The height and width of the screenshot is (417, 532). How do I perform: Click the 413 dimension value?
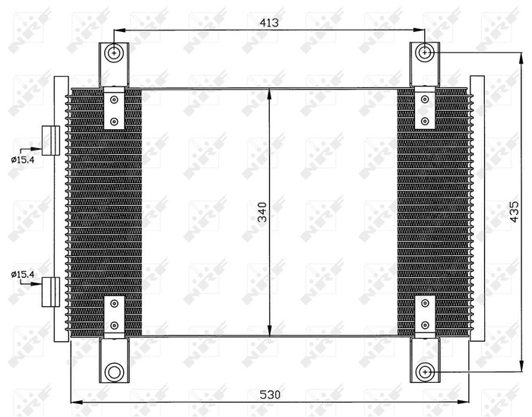tap(269, 23)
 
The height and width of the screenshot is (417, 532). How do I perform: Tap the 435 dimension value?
tap(514, 213)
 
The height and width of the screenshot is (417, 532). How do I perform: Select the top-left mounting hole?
tap(114, 53)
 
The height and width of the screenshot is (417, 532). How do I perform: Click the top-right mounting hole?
tap(425, 52)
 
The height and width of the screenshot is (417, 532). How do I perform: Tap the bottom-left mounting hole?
tap(114, 371)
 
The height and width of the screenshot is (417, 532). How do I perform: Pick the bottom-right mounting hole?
tap(425, 371)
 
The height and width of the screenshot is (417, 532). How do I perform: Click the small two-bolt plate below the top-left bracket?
tap(114, 109)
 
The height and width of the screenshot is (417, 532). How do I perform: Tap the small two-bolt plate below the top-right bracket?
tap(424, 109)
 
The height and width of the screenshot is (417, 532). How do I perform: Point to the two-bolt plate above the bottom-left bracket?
tap(114, 314)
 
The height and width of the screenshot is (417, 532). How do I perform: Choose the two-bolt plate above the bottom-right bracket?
tap(424, 314)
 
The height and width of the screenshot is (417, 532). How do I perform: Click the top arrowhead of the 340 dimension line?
tap(271, 93)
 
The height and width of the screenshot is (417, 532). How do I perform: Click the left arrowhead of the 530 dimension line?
tap(74, 403)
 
